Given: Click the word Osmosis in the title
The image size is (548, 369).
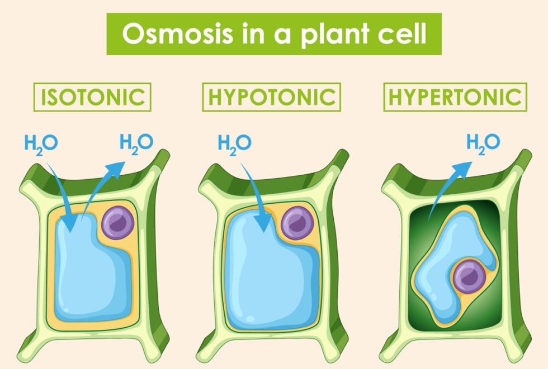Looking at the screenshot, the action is (178, 34).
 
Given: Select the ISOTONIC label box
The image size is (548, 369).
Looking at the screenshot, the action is (92, 97).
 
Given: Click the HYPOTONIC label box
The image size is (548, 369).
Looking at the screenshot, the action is (272, 97).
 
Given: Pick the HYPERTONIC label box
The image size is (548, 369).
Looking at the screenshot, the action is (455, 97).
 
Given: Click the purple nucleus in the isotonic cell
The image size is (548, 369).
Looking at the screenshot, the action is (118, 223).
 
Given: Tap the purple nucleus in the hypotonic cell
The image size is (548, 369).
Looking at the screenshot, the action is (297, 223).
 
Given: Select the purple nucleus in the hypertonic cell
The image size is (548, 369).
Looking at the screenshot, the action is (469, 276).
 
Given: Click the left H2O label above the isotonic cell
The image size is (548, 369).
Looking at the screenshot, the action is (41, 143).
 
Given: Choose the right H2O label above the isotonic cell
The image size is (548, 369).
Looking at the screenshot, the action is (136, 143).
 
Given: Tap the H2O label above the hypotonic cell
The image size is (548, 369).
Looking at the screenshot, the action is (234, 143).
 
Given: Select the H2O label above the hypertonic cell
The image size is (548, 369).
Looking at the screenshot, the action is (483, 143).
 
